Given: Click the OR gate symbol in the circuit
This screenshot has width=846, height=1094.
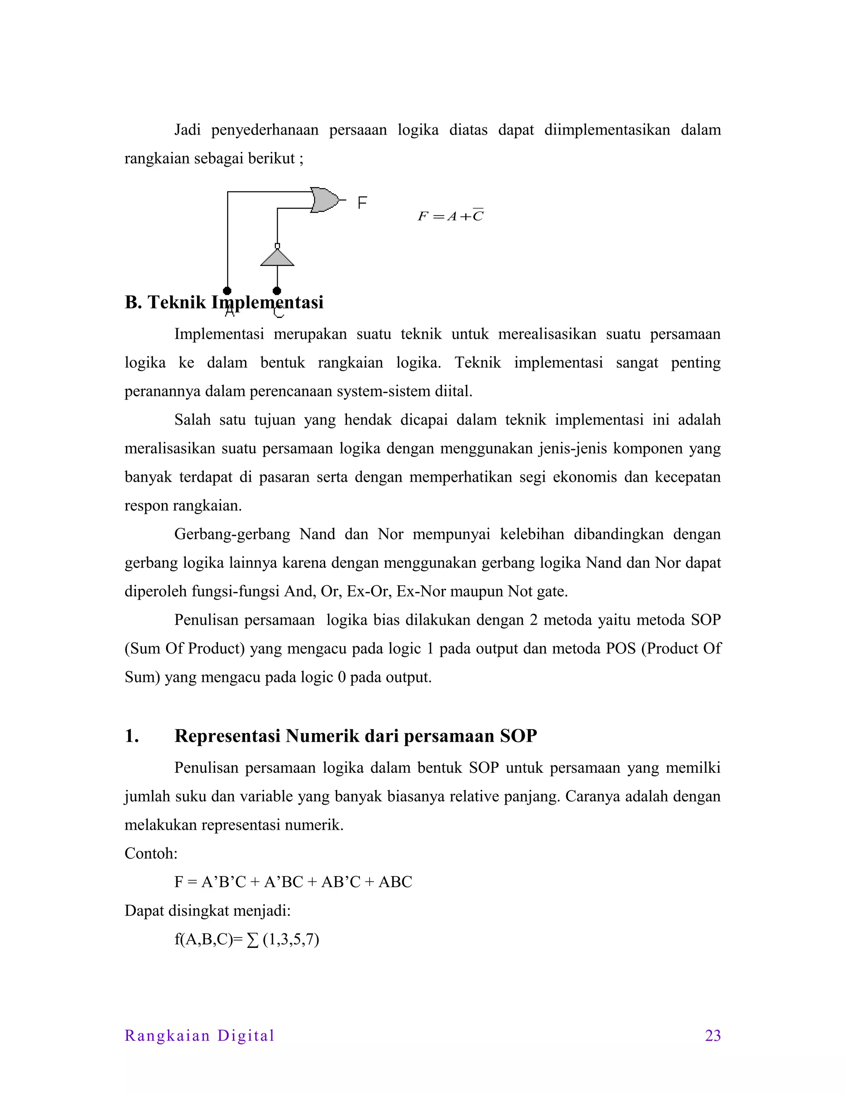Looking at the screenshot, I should click(x=324, y=200).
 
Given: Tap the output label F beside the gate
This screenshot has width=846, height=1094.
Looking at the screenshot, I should click(x=362, y=203).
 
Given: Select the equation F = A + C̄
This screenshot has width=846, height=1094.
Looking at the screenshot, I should click(x=451, y=216).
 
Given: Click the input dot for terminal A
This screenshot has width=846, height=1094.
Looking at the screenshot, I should click(x=228, y=291).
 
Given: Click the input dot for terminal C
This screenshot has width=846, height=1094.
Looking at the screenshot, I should click(x=277, y=291).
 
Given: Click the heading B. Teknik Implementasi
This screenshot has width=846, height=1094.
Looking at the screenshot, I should click(x=224, y=302).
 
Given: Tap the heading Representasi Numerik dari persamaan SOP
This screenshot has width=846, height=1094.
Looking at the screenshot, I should click(x=355, y=736).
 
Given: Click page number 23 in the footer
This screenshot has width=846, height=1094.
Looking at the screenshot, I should click(x=713, y=1035).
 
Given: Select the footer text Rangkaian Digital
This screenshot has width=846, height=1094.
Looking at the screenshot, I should click(x=200, y=1035).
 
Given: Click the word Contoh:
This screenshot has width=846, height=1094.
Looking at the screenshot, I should click(x=151, y=853).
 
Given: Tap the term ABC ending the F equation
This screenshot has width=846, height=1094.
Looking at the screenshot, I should click(x=395, y=882).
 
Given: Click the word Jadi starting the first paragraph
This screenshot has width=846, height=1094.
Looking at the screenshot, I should click(x=188, y=130).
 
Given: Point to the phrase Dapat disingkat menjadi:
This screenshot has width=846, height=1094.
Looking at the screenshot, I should click(x=207, y=910).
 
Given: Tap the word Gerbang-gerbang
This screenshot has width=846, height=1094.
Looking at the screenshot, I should click(x=232, y=534).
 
